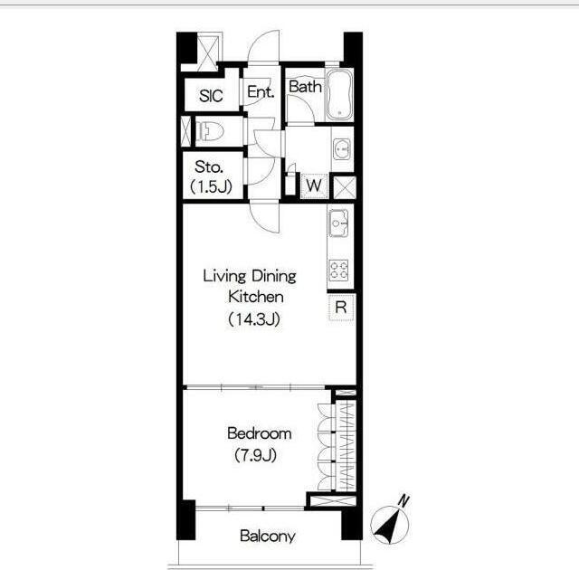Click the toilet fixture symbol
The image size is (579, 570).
[x=209, y=131]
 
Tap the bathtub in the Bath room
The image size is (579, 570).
[x=339, y=94]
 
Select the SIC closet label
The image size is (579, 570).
[x=211, y=96]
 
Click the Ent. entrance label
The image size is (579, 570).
[x=261, y=91]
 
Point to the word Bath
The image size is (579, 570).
[x=305, y=86]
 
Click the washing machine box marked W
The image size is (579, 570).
[x=314, y=185]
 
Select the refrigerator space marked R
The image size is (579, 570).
[x=341, y=307]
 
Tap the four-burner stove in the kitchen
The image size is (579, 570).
[x=339, y=270]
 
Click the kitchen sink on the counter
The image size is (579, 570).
[x=339, y=223]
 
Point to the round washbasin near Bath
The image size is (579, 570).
[x=342, y=148]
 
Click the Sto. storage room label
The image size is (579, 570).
[x=209, y=166]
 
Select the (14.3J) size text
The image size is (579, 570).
[x=254, y=319]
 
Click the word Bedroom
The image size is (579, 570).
[x=260, y=433]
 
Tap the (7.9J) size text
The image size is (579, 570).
[x=255, y=455]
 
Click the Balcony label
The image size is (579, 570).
[x=268, y=536]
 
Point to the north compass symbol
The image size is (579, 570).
[x=389, y=525]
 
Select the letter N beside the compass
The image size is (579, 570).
[x=403, y=501]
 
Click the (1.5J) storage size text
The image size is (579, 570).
[x=211, y=186]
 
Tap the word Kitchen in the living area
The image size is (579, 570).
[x=256, y=297]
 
